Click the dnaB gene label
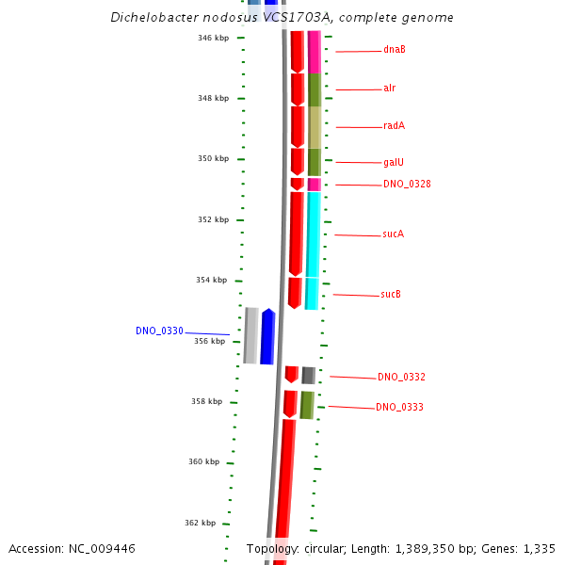coord(395,50)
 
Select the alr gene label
coord(389,89)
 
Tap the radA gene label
coord(394,126)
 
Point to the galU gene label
coord(394,162)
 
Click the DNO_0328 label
coord(407,185)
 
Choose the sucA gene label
coord(393,234)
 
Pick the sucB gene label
coord(391,295)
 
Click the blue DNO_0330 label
coord(159,331)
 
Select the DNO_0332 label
coord(401,378)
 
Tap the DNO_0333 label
coord(399,408)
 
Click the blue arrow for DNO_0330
coord(267,336)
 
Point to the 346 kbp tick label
coord(213,39)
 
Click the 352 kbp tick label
coord(213,220)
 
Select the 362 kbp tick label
coord(200,524)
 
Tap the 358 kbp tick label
coord(206,402)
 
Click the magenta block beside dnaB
coord(315,52)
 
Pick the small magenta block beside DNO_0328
coord(314,185)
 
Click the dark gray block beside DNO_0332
coord(308,376)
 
